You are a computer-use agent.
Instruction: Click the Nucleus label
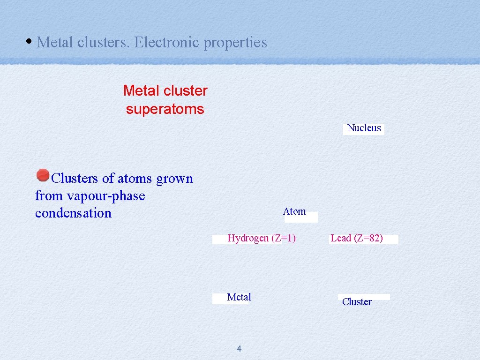[x=364, y=128]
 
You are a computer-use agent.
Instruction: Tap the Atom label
[x=294, y=211]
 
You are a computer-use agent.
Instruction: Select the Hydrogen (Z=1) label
[x=262, y=238]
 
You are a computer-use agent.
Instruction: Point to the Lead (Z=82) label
[x=357, y=238]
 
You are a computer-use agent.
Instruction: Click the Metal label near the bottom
[x=239, y=297]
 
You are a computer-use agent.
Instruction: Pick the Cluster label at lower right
[x=357, y=302]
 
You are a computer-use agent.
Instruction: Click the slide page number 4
[x=239, y=348]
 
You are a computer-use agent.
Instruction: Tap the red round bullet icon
[x=43, y=175]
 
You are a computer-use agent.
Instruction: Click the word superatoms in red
[x=165, y=109]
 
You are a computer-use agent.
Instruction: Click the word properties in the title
[x=235, y=42]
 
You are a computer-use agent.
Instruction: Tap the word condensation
[x=73, y=213]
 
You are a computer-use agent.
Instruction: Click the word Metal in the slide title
[x=55, y=42]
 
